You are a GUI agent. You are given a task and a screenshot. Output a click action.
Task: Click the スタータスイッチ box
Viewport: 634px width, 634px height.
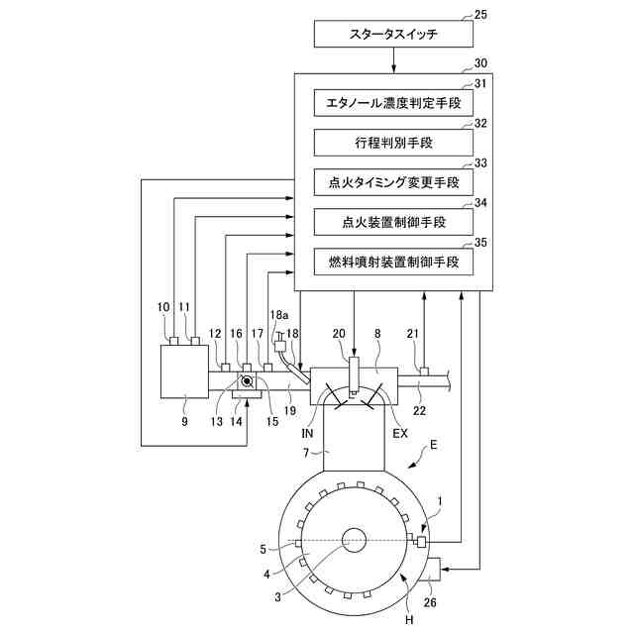click(393, 34)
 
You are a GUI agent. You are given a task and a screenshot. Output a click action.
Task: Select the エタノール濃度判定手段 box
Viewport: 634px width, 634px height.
click(393, 103)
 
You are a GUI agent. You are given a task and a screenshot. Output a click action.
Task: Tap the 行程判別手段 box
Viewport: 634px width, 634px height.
click(393, 143)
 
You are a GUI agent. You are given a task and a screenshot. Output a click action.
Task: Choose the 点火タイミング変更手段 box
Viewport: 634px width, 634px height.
click(393, 182)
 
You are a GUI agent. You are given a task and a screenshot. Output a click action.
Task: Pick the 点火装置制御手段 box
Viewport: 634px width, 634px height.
click(393, 222)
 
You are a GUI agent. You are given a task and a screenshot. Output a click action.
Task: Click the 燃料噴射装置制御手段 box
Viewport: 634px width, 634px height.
click(393, 262)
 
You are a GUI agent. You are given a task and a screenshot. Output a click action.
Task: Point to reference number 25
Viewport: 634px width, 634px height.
click(480, 15)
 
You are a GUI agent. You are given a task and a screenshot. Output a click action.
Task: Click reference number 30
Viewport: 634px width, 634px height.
click(480, 63)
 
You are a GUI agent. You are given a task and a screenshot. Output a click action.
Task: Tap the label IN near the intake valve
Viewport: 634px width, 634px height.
click(307, 434)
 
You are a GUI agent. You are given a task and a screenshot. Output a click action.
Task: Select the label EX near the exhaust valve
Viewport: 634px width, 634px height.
click(400, 434)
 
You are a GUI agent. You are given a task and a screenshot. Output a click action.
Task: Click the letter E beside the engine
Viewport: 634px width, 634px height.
click(434, 445)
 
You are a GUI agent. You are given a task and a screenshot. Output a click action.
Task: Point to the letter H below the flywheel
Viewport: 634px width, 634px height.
click(409, 619)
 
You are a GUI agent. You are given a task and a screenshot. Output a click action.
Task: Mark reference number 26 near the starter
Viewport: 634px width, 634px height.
click(430, 602)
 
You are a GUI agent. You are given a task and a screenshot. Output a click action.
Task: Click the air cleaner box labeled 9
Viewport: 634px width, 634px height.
click(185, 371)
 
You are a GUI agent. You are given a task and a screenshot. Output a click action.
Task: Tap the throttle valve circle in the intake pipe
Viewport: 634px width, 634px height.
click(247, 380)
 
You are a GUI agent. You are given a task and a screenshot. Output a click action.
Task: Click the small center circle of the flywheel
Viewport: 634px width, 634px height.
click(354, 541)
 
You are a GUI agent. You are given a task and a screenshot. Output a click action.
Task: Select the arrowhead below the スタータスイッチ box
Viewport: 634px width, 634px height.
click(393, 69)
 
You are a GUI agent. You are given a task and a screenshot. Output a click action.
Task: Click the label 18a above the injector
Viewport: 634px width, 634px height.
click(279, 315)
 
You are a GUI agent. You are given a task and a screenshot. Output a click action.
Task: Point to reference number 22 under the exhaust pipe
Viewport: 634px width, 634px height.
click(419, 411)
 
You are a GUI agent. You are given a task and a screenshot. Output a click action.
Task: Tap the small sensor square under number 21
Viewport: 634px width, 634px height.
click(424, 371)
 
